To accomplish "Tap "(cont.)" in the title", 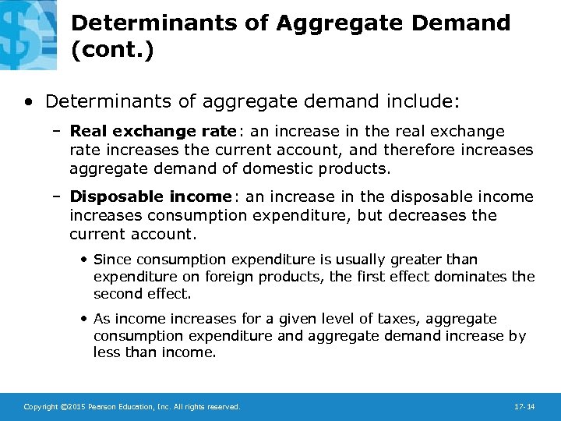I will coord(112,51).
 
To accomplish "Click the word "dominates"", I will coord(459,276).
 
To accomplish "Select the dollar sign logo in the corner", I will coord(27,31).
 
